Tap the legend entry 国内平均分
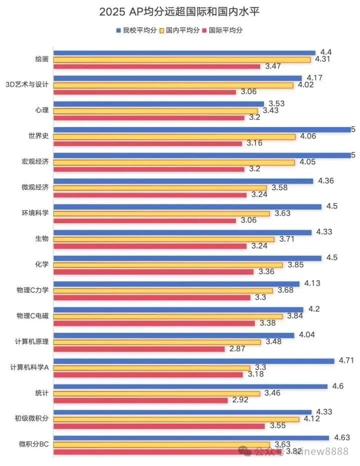[179, 31]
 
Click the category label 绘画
[42, 59]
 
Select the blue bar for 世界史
[202, 130]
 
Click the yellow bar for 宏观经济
[174, 162]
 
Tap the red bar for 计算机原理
[139, 348]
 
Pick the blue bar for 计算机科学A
[193, 361]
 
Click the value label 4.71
[346, 360]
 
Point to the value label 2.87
[239, 348]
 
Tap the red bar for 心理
[149, 118]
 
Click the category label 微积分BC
[33, 444]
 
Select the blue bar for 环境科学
[187, 207]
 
